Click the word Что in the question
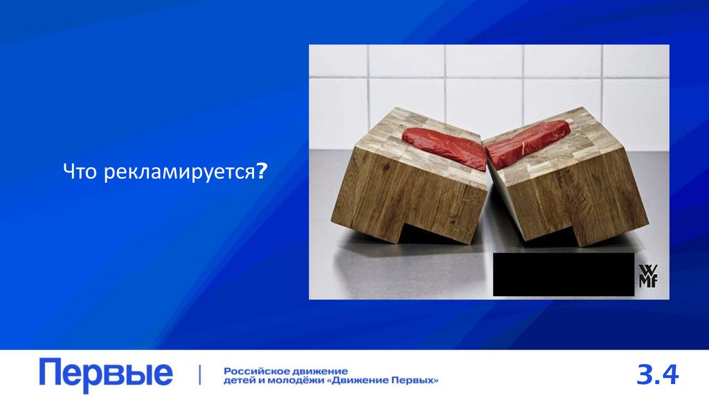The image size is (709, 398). pyautogui.click(x=81, y=171)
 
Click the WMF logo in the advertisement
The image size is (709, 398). pyautogui.click(x=648, y=275)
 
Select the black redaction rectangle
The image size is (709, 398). pyautogui.click(x=563, y=275)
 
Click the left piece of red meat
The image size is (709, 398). pyautogui.click(x=444, y=146)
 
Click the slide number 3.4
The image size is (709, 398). pyautogui.click(x=658, y=374)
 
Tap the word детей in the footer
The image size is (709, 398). pyautogui.click(x=238, y=381)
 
